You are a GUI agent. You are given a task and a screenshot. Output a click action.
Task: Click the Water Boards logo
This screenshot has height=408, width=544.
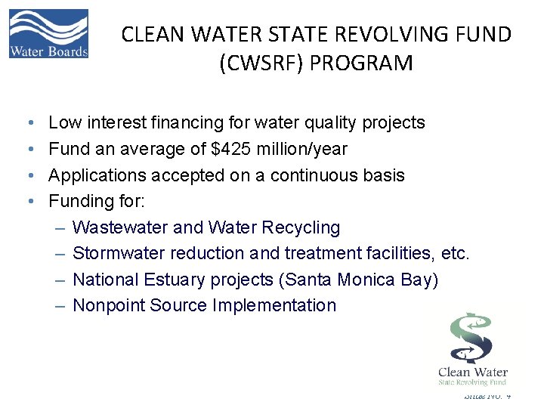pos(48,33)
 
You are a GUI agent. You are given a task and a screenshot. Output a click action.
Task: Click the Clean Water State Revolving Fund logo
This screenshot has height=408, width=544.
pos(473,347)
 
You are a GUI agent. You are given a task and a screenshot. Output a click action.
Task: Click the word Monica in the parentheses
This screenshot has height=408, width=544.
pos(364,280)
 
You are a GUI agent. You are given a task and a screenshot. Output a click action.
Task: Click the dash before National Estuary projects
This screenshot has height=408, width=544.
pos(60,280)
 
